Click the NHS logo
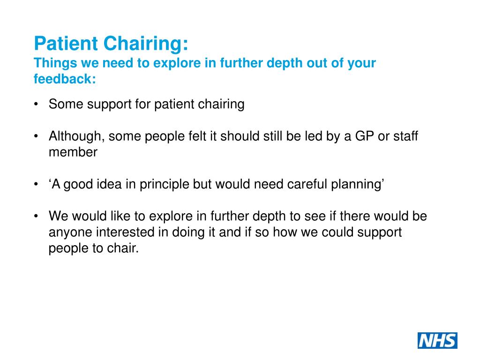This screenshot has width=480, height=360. click(437, 340)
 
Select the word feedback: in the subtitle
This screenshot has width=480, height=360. click(65, 79)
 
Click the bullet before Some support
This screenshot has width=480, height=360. click(37, 104)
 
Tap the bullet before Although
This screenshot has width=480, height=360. click(37, 136)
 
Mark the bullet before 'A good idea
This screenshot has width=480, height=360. click(37, 185)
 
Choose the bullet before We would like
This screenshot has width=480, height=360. click(37, 217)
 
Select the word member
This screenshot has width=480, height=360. click(73, 152)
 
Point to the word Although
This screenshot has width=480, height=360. click(76, 136)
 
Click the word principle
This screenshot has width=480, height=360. click(162, 185)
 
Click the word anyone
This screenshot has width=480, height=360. click(71, 233)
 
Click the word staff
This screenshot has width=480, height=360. click(406, 136)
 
